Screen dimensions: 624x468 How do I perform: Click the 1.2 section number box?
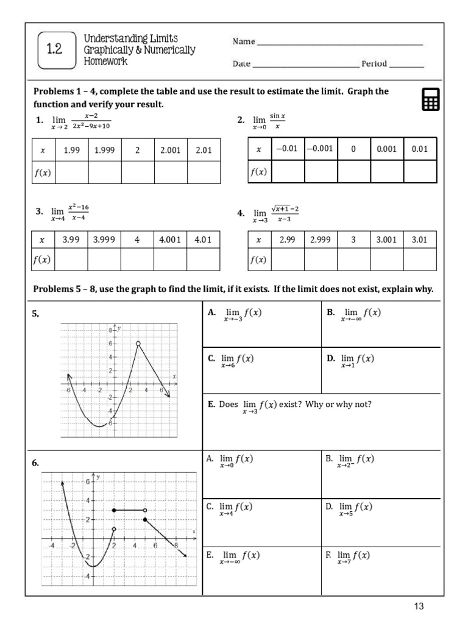pos(55,50)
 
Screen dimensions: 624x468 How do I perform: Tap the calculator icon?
pos(430,99)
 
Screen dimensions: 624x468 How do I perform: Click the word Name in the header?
pos(243,41)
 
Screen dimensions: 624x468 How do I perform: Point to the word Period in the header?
pos(374,64)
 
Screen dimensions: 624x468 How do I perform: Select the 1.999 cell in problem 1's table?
pos(104,150)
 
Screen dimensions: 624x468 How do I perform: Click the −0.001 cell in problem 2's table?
pos(321,149)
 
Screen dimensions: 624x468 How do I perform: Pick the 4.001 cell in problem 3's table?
pos(170,239)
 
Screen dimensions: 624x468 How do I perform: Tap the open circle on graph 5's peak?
pos(138,344)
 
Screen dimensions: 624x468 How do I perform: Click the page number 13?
pos(418,606)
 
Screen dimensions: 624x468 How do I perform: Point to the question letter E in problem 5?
pos(211,405)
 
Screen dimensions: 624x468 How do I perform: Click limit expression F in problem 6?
pos(354,556)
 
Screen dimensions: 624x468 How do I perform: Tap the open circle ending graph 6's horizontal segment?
pos(144,510)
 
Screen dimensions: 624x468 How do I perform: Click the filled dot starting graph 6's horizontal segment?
pos(114,510)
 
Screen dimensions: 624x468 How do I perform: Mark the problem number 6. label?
pos(36,463)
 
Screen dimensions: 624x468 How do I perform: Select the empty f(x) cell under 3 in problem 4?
pos(353,260)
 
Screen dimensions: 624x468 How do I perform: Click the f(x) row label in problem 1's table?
pos(43,172)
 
